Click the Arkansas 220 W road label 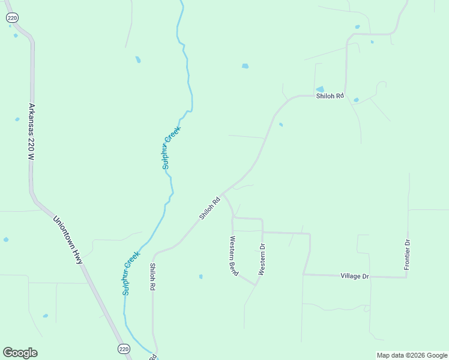pos(31,131)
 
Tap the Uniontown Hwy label pos(67,240)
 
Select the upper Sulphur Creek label pos(171,147)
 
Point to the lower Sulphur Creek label pos(131,272)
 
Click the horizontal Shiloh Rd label pos(330,96)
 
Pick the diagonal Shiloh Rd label pos(210,207)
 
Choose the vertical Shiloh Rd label pos(152,277)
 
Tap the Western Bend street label pos(234,256)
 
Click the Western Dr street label pos(261,259)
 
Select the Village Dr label pos(354,276)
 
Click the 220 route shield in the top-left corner pos(12,19)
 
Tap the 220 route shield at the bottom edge pos(123,349)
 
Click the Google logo pos(20,353)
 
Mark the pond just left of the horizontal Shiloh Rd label pos(320,89)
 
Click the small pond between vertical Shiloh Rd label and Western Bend pos(200,277)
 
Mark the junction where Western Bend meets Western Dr pos(256,286)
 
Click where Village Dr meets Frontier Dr pos(407,277)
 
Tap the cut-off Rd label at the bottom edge pos(153,357)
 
